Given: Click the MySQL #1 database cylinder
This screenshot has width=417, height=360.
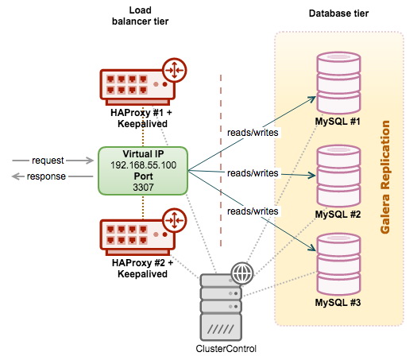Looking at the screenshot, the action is (338, 83).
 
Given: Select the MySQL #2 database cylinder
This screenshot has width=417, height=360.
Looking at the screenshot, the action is (338, 176).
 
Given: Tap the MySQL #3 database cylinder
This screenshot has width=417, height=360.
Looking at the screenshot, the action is (338, 264).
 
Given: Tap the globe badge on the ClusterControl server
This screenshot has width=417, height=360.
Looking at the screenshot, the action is (241, 273).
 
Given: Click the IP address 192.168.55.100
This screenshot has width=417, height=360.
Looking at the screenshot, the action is (143, 165).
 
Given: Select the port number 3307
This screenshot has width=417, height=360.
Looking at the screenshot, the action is (143, 188).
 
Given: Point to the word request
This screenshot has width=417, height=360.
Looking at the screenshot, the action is (48, 161).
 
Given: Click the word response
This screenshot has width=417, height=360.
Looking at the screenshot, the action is (46, 176).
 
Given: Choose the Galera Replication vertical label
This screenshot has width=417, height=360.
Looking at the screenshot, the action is (384, 177).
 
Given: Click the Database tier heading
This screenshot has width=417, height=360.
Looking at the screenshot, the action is (338, 14).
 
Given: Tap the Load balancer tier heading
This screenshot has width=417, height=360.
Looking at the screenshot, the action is (140, 16).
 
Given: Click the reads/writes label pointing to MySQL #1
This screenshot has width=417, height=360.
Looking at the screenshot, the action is (253, 133).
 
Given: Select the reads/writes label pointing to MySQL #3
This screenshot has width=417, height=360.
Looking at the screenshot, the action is (253, 211).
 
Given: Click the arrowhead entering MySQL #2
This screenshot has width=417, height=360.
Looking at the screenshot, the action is (312, 176).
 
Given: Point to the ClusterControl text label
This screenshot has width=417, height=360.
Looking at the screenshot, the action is (226, 349).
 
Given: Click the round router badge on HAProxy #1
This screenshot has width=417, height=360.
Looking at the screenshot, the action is (175, 70).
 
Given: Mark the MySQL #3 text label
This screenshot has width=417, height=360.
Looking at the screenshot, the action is (338, 303).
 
